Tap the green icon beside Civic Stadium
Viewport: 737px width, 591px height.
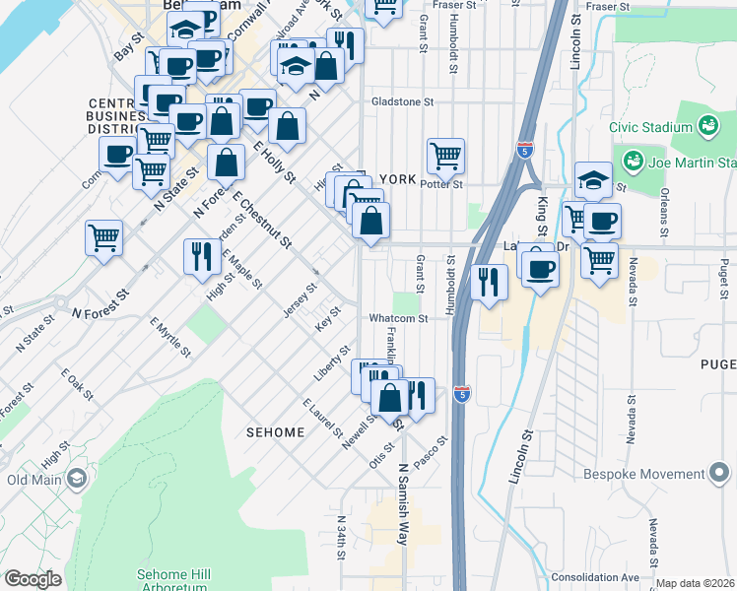pyautogui.click(x=706, y=125)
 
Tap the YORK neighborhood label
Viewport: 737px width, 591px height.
pyautogui.click(x=399, y=179)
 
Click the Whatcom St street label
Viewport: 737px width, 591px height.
pyautogui.click(x=398, y=318)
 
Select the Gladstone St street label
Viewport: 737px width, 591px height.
pyautogui.click(x=402, y=101)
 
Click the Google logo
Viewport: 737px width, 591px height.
pyautogui.click(x=33, y=578)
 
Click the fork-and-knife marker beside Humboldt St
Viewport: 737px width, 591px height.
pyautogui.click(x=489, y=282)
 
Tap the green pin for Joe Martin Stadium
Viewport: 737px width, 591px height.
pyautogui.click(x=632, y=161)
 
